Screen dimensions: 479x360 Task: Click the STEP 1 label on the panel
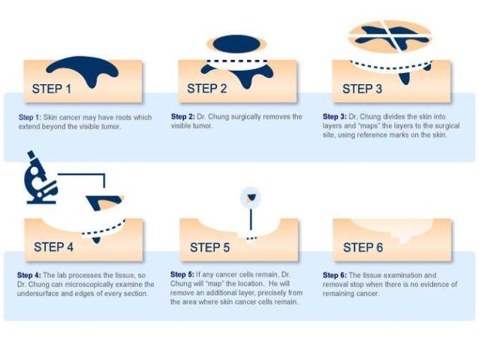[x=51, y=89]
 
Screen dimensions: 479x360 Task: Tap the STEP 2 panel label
[x=206, y=89]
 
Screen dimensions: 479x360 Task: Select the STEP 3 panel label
[x=362, y=89]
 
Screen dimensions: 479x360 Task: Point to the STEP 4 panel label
[x=53, y=247]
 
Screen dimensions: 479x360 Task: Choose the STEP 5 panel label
[x=209, y=247]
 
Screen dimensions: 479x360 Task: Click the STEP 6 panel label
[x=363, y=247]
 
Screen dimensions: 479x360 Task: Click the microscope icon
[x=41, y=177]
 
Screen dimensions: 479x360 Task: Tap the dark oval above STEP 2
[x=236, y=44]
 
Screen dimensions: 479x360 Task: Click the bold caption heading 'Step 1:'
[x=29, y=117]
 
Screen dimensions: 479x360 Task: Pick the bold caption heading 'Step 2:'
[x=182, y=116]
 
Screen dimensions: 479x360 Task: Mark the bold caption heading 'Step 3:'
[x=335, y=116]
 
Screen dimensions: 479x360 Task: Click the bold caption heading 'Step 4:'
[x=29, y=275]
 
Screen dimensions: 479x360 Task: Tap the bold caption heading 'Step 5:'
[x=182, y=274]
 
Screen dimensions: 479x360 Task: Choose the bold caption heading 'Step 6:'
[x=335, y=275]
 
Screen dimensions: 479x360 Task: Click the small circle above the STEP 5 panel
[x=251, y=197]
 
